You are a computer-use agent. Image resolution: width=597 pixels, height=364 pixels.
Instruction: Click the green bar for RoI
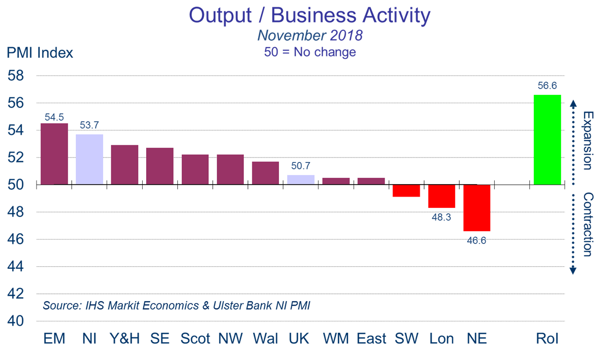pyautogui.click(x=547, y=140)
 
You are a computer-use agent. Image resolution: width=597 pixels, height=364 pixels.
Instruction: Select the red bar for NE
pyautogui.click(x=477, y=208)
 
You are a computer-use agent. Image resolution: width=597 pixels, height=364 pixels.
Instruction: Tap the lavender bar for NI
pyautogui.click(x=89, y=160)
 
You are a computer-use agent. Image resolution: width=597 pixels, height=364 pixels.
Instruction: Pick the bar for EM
pyautogui.click(x=54, y=154)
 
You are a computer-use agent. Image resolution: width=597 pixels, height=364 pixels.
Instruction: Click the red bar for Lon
pyautogui.click(x=441, y=196)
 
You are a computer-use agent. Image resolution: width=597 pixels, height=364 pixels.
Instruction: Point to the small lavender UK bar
pyautogui.click(x=301, y=180)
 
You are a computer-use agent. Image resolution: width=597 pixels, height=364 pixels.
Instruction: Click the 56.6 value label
pyautogui.click(x=547, y=85)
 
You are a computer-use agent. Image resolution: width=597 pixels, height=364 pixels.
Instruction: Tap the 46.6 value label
pyautogui.click(x=477, y=241)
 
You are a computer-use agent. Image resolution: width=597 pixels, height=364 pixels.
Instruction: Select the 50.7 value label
pyautogui.click(x=301, y=166)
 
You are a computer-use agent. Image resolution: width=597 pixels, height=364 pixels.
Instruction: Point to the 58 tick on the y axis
pyautogui.click(x=16, y=77)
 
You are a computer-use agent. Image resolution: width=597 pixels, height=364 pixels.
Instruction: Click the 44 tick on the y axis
pyautogui.click(x=16, y=267)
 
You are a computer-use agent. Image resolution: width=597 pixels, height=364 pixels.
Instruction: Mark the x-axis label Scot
pyautogui.click(x=195, y=338)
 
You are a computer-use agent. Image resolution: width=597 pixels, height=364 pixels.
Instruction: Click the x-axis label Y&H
pyautogui.click(x=124, y=338)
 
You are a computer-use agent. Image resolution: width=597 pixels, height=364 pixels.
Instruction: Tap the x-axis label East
pyautogui.click(x=371, y=338)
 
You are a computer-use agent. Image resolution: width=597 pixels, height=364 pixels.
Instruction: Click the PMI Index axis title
pyautogui.click(x=40, y=52)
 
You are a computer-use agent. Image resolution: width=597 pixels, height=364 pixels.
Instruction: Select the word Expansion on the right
pyautogui.click(x=587, y=140)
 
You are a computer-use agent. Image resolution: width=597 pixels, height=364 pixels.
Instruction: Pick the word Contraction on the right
pyautogui.click(x=587, y=224)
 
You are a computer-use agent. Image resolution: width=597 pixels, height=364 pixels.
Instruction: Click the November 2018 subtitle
pyautogui.click(x=310, y=36)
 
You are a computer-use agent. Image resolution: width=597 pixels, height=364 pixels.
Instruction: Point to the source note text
pyautogui.click(x=176, y=305)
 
